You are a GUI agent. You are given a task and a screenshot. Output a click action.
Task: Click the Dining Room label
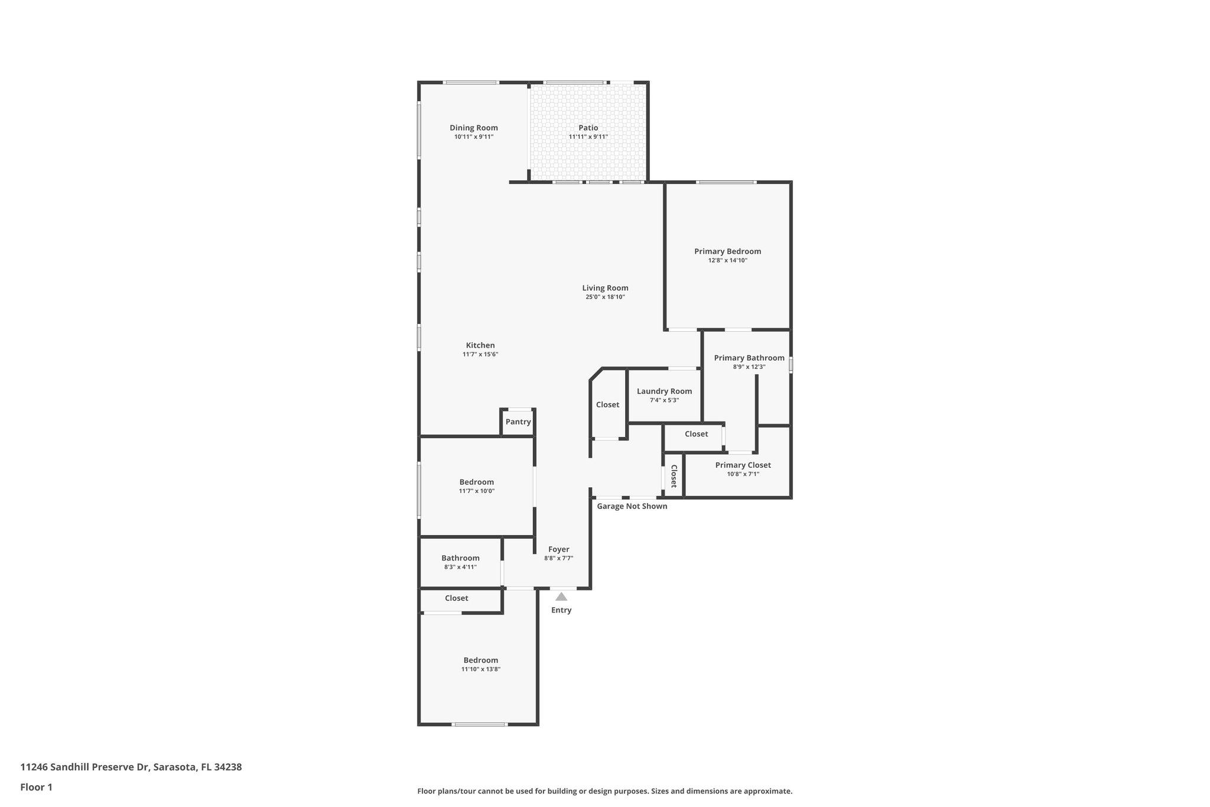pyautogui.click(x=473, y=128)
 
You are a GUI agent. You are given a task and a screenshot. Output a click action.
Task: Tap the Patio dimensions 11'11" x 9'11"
pyautogui.click(x=588, y=137)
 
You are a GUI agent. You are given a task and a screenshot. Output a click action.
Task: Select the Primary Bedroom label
pyautogui.click(x=727, y=251)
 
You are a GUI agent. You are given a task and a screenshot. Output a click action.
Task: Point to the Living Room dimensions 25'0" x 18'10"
pyautogui.click(x=605, y=297)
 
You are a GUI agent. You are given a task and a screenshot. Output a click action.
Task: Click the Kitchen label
pyautogui.click(x=480, y=345)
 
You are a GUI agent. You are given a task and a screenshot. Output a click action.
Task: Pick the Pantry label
pyautogui.click(x=518, y=422)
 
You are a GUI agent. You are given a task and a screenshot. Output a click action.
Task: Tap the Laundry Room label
pyautogui.click(x=664, y=391)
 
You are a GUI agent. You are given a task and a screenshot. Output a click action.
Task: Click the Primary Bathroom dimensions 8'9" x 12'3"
pyautogui.click(x=749, y=367)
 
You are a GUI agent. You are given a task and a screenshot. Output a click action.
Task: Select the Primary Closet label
pyautogui.click(x=743, y=465)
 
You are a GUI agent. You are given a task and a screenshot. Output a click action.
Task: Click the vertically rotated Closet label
pyautogui.click(x=673, y=475)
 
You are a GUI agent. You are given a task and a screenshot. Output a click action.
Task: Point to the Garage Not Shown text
pyautogui.click(x=632, y=506)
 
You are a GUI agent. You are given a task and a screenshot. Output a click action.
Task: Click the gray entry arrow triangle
pyautogui.click(x=561, y=597)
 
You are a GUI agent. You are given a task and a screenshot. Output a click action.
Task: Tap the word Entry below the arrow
pyautogui.click(x=561, y=610)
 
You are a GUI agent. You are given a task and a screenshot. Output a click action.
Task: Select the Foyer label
pyautogui.click(x=558, y=549)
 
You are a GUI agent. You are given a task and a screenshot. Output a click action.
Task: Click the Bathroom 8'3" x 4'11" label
pyautogui.click(x=460, y=558)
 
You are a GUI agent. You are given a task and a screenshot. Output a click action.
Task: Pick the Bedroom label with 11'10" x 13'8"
pyautogui.click(x=480, y=660)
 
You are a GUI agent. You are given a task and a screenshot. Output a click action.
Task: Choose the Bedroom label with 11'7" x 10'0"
pyautogui.click(x=476, y=482)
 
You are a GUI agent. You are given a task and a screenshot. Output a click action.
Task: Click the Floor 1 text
pyautogui.click(x=37, y=787)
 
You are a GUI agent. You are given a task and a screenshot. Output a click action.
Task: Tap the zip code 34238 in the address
pyautogui.click(x=228, y=767)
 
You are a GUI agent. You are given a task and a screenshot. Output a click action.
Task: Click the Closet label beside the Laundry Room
pyautogui.click(x=607, y=405)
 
